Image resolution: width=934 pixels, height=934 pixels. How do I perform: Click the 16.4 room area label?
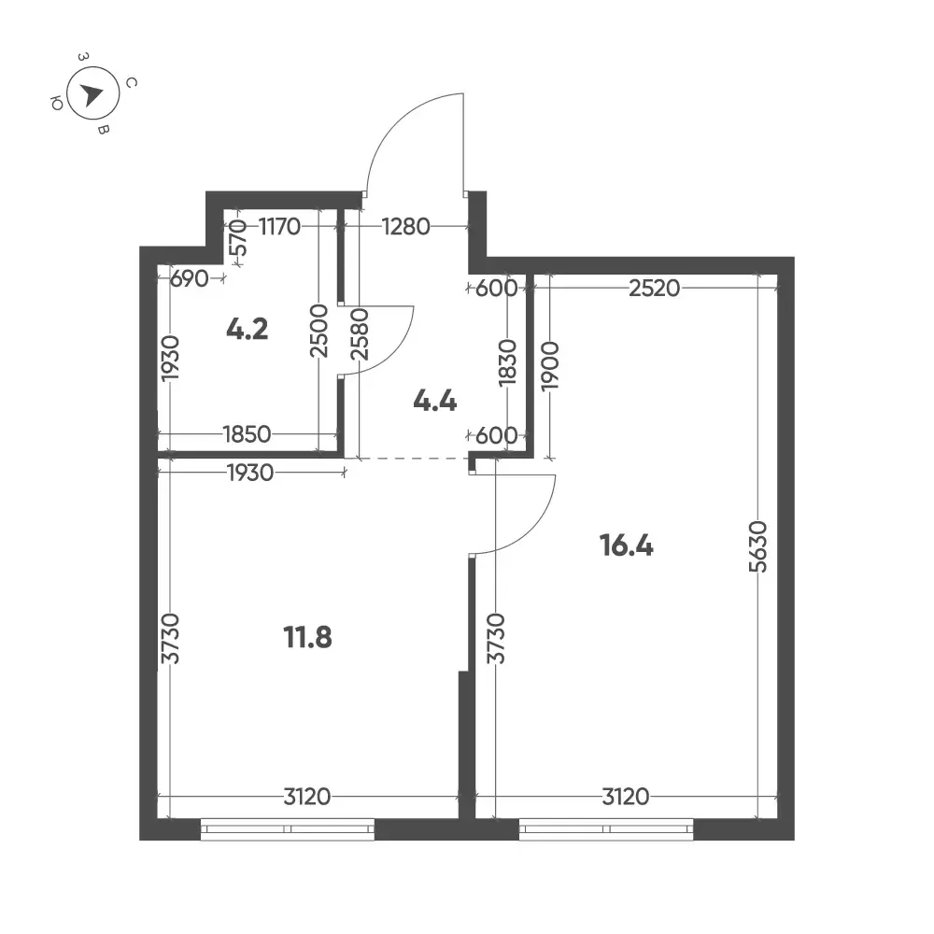coord(626,545)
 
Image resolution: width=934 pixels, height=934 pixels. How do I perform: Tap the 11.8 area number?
coord(307,637)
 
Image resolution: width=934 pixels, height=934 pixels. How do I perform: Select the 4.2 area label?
coord(248,329)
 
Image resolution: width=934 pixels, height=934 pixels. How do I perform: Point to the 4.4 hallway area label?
coord(435,402)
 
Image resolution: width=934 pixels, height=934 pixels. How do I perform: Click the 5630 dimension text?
coord(758,546)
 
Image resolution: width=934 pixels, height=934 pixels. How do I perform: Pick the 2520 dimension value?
coord(654,289)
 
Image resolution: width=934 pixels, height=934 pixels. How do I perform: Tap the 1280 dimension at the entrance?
coord(405,226)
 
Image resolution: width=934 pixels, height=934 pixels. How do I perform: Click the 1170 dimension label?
coord(279,226)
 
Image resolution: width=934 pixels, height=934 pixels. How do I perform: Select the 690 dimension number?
coord(189,278)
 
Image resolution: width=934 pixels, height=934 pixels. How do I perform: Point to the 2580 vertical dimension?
coord(360,333)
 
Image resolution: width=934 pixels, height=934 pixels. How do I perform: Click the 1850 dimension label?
coord(247,434)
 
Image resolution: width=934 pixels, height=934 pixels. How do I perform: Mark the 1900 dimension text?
coord(550,366)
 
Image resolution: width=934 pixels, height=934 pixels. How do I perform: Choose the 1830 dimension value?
coord(507,362)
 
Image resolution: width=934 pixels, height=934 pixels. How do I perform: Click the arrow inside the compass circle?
coord(92,94)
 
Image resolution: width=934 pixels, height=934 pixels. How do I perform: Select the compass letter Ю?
coord(57,104)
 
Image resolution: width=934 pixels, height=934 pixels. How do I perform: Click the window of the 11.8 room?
coord(288,829)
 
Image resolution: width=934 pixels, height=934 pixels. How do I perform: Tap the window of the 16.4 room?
coord(606,829)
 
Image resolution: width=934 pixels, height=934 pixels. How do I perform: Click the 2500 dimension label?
coord(319,331)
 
